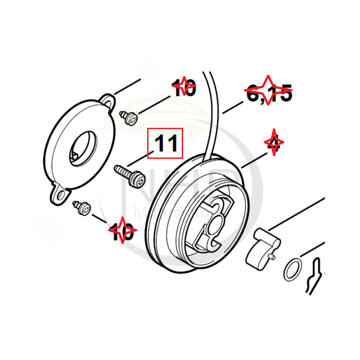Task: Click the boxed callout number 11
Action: (166, 144)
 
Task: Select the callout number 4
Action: (274, 144)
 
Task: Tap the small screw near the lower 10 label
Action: (82, 207)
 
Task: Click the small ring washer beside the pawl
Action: (293, 270)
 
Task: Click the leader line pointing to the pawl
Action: (297, 211)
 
